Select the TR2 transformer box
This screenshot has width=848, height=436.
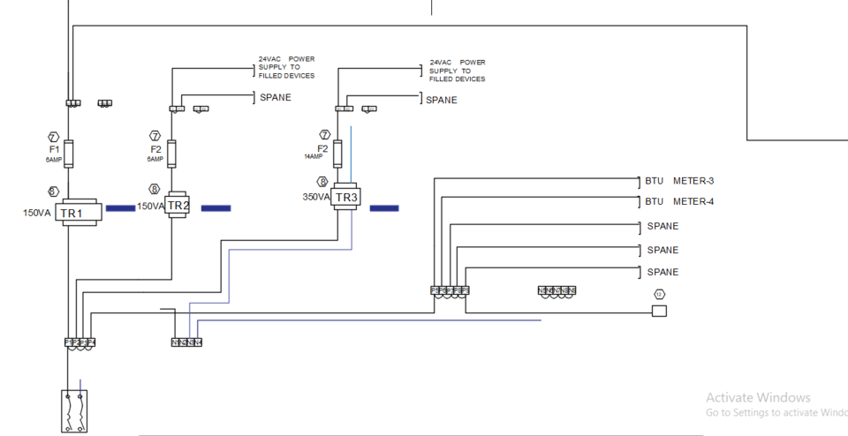[178, 205]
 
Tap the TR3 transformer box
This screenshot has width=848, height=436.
[346, 198]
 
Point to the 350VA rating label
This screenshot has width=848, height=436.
[316, 198]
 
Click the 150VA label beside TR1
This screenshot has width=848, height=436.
[36, 213]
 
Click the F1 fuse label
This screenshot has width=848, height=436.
[53, 149]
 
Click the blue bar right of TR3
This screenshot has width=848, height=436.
[383, 208]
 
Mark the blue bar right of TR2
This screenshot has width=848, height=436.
[216, 208]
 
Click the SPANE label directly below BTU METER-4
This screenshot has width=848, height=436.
[662, 227]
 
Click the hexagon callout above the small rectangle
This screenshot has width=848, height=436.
[658, 294]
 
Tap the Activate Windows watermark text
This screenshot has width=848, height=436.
[758, 398]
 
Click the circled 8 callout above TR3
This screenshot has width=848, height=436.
[323, 182]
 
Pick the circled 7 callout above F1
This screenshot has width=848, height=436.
[53, 137]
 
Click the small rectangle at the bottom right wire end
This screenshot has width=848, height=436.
[659, 312]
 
